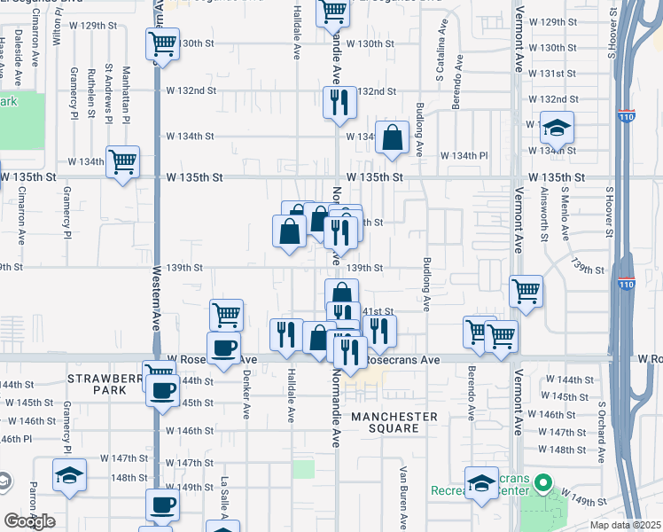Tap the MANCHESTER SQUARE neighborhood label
pyautogui.click(x=394, y=422)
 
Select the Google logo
pyautogui.click(x=30, y=521)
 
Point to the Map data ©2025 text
pyautogui.click(x=625, y=525)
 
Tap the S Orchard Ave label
pyautogui.click(x=601, y=431)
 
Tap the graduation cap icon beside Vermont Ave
pyautogui.click(x=557, y=129)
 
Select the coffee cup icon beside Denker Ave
pyautogui.click(x=223, y=348)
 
